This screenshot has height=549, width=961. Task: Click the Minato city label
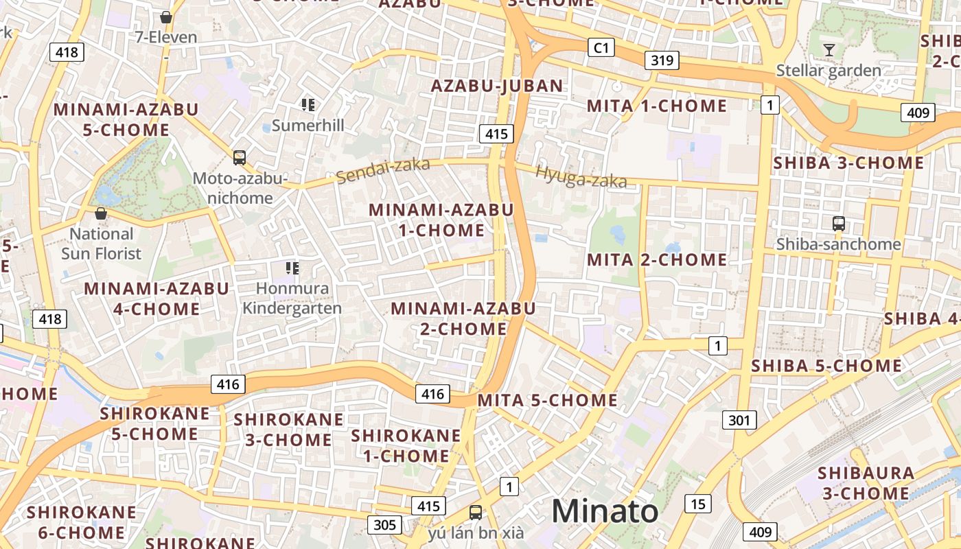[604, 511]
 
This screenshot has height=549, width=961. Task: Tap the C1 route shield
[601, 47]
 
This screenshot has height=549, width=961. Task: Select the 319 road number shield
[662, 60]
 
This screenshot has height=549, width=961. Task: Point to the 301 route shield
[739, 420]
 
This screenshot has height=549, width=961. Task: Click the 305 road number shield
[384, 525]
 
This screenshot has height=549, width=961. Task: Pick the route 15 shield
[697, 504]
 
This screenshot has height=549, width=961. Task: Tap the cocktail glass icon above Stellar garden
[829, 49]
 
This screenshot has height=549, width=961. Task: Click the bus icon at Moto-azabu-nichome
[239, 158]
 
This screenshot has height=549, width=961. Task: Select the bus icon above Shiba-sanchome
[838, 223]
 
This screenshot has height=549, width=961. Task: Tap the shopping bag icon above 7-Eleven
[165, 17]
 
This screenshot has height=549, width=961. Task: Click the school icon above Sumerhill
[308, 105]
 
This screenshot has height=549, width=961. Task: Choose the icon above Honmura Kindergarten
[292, 268]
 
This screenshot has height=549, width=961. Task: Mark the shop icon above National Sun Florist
[101, 213]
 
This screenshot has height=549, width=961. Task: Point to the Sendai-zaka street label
[383, 170]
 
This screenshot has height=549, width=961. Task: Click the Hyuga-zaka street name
[581, 177]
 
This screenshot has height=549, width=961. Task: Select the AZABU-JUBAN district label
[497, 86]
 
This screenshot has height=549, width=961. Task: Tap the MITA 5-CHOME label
[547, 400]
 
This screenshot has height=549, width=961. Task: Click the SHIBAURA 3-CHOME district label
[866, 483]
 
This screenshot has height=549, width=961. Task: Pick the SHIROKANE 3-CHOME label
[288, 430]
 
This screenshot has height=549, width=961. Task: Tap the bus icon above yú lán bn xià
[475, 512]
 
